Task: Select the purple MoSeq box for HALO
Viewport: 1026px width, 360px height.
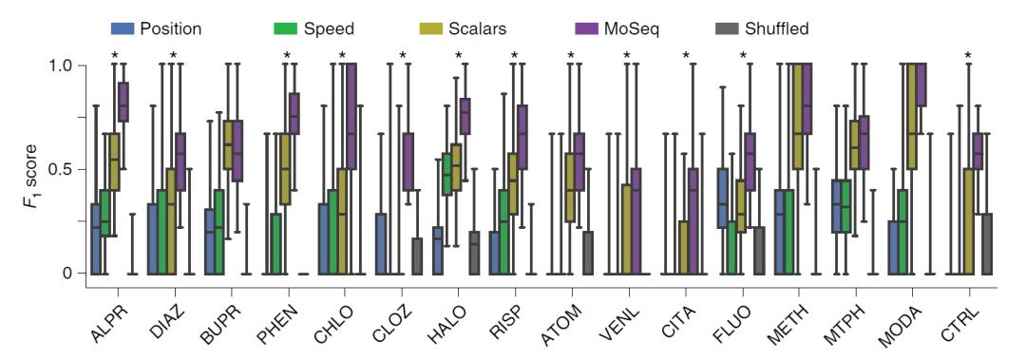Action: pyautogui.click(x=465, y=115)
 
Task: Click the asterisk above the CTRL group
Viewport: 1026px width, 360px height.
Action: pyautogui.click(x=968, y=56)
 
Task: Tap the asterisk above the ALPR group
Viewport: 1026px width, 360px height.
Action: pyautogui.click(x=115, y=56)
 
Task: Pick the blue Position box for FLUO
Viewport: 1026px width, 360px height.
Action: pyautogui.click(x=722, y=198)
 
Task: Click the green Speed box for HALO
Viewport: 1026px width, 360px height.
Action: pyautogui.click(x=446, y=174)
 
